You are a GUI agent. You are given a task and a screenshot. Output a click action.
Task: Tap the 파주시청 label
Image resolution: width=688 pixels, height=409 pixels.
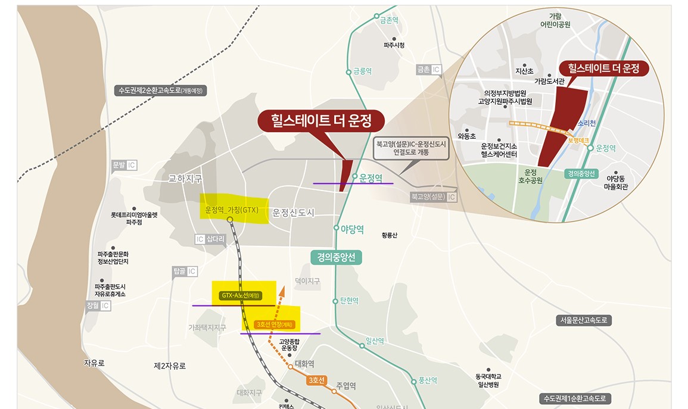[x=394, y=45]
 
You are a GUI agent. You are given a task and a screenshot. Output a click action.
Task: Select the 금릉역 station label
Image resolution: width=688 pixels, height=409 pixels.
[x=362, y=71]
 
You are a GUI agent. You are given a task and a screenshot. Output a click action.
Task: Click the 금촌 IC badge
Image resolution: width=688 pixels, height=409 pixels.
[x=429, y=70]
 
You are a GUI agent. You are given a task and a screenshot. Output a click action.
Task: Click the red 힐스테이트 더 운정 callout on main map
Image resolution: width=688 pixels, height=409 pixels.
[x=321, y=121]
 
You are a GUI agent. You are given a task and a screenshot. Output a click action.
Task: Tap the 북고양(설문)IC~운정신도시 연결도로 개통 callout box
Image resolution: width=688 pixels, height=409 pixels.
[x=410, y=148]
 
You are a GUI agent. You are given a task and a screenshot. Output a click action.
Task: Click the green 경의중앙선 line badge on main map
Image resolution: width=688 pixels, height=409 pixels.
[x=336, y=257]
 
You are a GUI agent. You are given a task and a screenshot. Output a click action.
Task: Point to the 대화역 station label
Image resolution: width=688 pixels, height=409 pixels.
[x=304, y=364]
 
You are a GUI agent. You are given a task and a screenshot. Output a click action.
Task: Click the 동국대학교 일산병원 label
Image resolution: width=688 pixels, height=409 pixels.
[x=488, y=380]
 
